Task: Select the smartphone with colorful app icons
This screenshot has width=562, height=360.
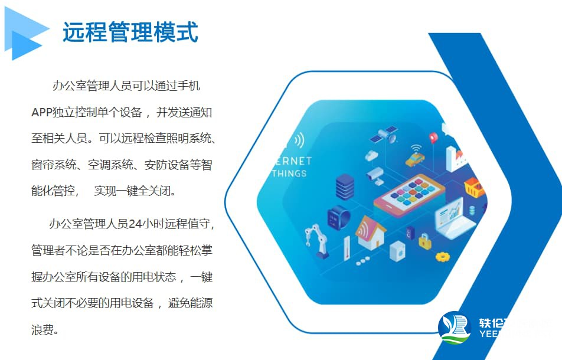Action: [x=409, y=194]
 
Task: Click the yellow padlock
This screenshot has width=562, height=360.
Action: [x=424, y=240]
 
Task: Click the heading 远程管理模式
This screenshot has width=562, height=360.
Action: [x=130, y=32]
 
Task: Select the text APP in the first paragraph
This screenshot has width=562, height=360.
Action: [x=41, y=112]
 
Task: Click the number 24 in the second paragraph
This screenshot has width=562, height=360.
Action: [x=136, y=224]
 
